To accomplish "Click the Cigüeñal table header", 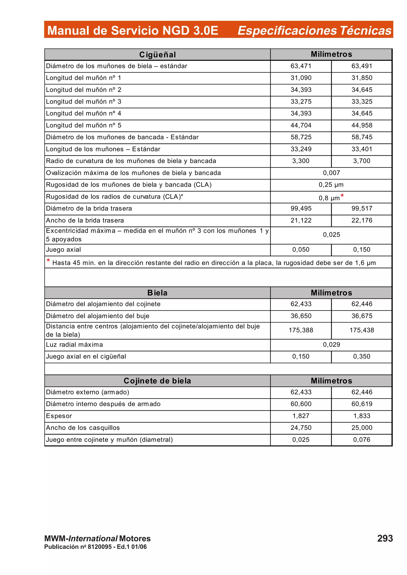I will click(157, 55).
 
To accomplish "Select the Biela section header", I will click(157, 293).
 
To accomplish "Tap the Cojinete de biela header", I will click(157, 381).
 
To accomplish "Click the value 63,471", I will click(301, 66).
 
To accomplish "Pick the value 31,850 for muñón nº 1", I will click(362, 78).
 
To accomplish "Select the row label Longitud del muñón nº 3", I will click(83, 102).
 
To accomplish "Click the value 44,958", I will click(362, 125).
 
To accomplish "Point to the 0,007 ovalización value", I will click(331, 173).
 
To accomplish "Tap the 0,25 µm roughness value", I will click(331, 185).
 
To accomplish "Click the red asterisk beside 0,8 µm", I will click(342, 196).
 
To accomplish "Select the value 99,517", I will click(362, 208).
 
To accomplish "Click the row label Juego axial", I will click(63, 250).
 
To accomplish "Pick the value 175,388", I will click(301, 330).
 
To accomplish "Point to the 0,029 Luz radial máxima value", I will click(331, 345).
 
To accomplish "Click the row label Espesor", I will click(59, 416).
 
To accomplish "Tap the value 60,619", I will click(362, 404).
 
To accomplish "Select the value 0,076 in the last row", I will click(362, 439).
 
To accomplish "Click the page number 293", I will click(385, 538).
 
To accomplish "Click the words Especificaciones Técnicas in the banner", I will click(314, 31).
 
